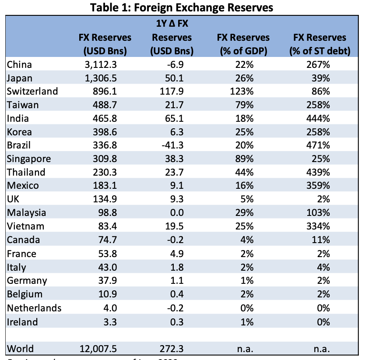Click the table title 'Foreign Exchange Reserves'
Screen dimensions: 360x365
click(x=182, y=7)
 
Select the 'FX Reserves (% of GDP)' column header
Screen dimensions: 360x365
click(x=243, y=44)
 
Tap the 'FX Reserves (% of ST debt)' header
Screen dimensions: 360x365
click(x=320, y=44)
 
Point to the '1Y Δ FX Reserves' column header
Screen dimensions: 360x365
click(x=172, y=38)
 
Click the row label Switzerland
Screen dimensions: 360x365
click(x=32, y=92)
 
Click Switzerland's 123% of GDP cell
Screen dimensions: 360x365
click(x=243, y=92)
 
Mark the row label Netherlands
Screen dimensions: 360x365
click(x=34, y=308)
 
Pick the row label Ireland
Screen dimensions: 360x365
click(x=22, y=322)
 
